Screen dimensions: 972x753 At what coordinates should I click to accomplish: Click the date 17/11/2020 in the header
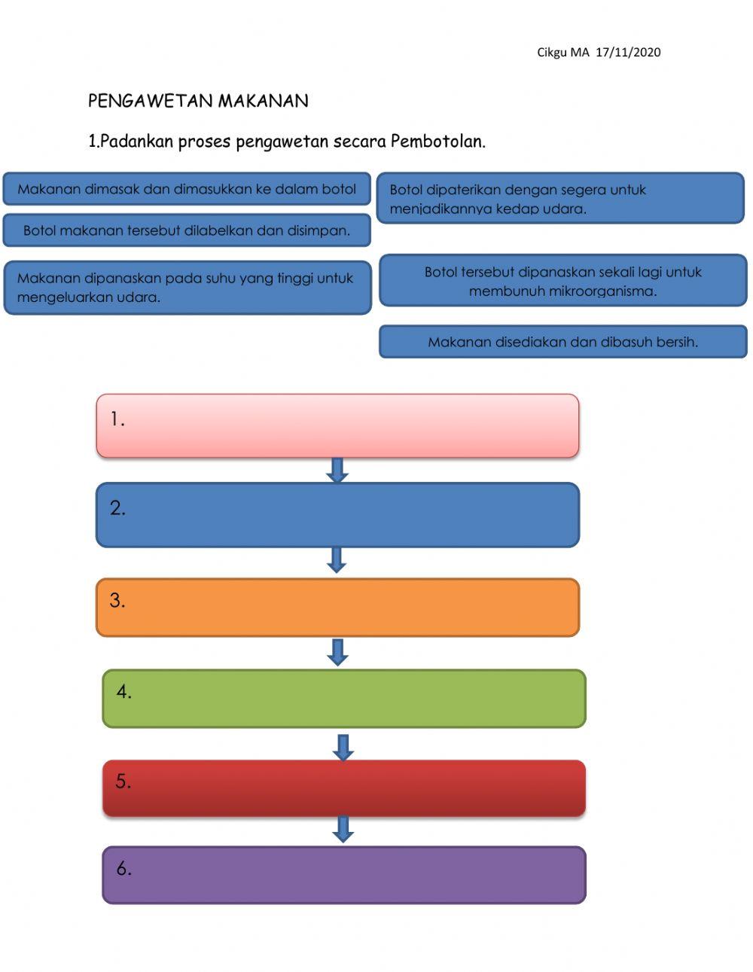pos(628,52)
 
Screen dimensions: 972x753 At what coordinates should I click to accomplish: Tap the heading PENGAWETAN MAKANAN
pos(198,101)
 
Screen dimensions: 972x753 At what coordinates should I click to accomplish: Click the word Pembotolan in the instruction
pos(437,141)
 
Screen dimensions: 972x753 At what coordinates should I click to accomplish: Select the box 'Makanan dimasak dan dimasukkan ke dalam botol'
pos(187,189)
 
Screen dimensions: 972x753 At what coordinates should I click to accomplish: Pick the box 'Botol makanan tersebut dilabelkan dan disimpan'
pos(187,230)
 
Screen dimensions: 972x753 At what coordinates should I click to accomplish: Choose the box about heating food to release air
pos(187,288)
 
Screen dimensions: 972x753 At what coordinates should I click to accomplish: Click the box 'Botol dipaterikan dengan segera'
pos(559,199)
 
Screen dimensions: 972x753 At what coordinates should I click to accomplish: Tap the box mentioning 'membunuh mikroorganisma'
pos(562,281)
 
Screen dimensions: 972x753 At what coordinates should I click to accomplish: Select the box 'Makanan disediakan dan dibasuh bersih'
pos(562,342)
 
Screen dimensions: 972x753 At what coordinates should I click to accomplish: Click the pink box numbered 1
pos(337,425)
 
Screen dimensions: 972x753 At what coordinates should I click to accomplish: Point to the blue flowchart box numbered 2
pos(337,515)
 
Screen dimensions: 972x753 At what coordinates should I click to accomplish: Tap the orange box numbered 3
pos(337,608)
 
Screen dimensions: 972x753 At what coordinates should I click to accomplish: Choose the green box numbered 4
pos(344,699)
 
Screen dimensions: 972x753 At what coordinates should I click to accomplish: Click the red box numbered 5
pos(344,788)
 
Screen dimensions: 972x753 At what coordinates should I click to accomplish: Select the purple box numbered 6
pos(344,875)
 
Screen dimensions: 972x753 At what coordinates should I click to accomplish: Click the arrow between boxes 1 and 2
pos(337,470)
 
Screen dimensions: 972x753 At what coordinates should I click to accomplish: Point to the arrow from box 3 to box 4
pos(337,652)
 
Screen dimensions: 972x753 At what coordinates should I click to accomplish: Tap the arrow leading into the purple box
pos(343,829)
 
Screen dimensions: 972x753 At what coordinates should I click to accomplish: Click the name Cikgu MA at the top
pos(562,52)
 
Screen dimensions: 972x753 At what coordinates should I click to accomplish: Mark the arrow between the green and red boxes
pos(343,747)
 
